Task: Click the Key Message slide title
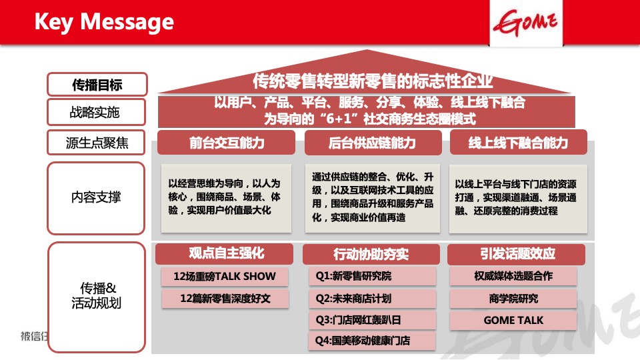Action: pyautogui.click(x=104, y=22)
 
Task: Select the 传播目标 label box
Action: pyautogui.click(x=97, y=85)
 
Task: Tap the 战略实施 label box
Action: pyautogui.click(x=97, y=112)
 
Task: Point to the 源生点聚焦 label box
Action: pyautogui.click(x=97, y=142)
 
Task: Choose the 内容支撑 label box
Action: pyautogui.click(x=97, y=198)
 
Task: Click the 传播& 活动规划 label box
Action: pyautogui.click(x=97, y=296)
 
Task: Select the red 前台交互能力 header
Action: pyautogui.click(x=227, y=143)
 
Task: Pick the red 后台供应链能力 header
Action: pyautogui.click(x=373, y=143)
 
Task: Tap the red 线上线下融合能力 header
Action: pyautogui.click(x=518, y=143)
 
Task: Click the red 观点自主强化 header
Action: pyautogui.click(x=227, y=253)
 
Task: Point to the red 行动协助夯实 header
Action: pyautogui.click(x=371, y=254)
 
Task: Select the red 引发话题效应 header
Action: pyautogui.click(x=517, y=254)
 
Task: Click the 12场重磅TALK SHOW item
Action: pyautogui.click(x=224, y=277)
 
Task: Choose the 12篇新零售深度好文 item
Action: pyautogui.click(x=225, y=298)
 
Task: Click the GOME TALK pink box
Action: pyautogui.click(x=513, y=320)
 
